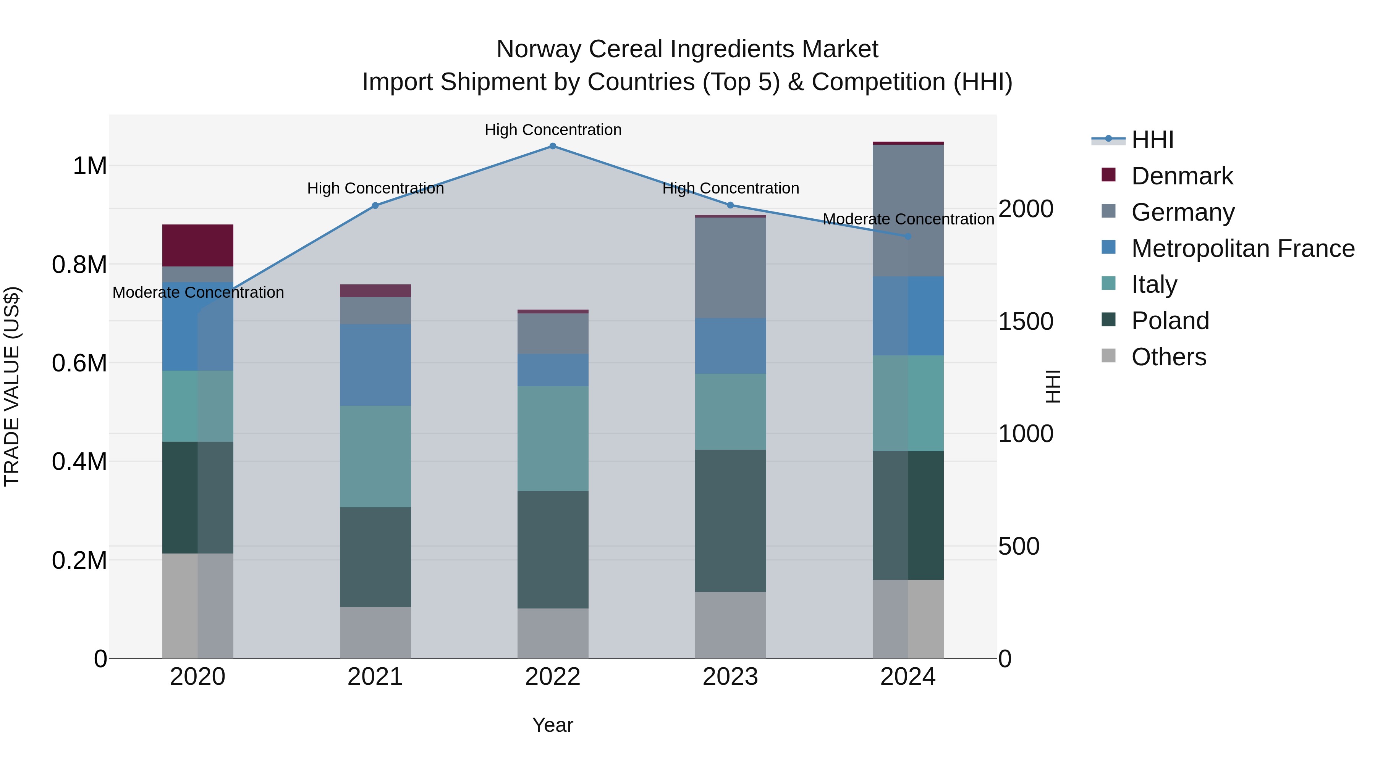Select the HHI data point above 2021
(375, 205)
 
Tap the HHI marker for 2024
(908, 236)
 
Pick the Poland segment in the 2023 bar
(730, 520)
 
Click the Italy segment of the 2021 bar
(375, 456)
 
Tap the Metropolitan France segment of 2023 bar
(730, 346)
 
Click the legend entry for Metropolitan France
(1242, 249)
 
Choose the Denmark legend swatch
(1109, 175)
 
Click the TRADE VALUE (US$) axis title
(12, 386)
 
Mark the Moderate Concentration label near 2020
(198, 292)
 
